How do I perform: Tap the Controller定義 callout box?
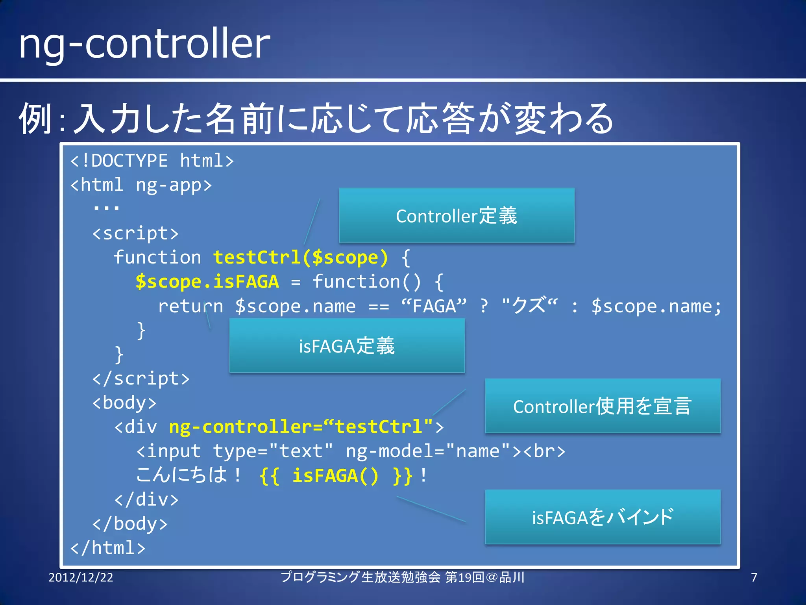pyautogui.click(x=457, y=215)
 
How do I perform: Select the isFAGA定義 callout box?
pyautogui.click(x=347, y=345)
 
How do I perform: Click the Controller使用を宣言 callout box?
pyautogui.click(x=603, y=406)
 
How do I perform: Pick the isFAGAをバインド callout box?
pyautogui.click(x=603, y=517)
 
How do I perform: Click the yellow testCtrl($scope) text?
pyautogui.click(x=301, y=258)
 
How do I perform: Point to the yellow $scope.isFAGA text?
pyautogui.click(x=207, y=282)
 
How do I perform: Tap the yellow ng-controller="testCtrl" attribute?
pyautogui.click(x=301, y=427)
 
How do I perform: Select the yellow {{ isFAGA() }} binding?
pyautogui.click(x=336, y=476)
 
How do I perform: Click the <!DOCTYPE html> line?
pyautogui.click(x=152, y=161)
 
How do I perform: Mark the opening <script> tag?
pyautogui.click(x=135, y=234)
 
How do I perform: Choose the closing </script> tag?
pyautogui.click(x=141, y=379)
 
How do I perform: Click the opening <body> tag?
pyautogui.click(x=124, y=403)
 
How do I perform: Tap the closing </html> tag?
pyautogui.click(x=108, y=548)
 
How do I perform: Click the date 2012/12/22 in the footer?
pyautogui.click(x=81, y=577)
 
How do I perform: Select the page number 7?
pyautogui.click(x=754, y=577)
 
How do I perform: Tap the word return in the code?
pyautogui.click(x=190, y=306)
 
